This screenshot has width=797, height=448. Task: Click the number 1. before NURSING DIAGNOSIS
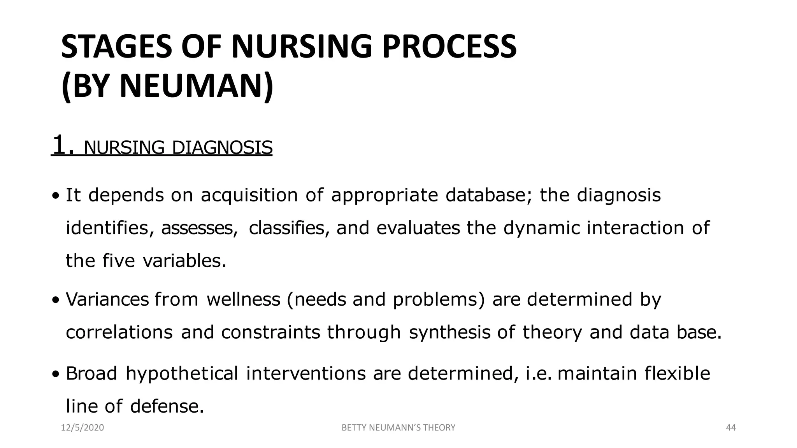pos(63,145)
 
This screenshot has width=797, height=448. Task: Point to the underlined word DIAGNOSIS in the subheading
pos(222,148)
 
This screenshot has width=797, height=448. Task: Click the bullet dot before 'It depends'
pos(56,196)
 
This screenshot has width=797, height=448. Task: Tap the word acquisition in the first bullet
pos(249,195)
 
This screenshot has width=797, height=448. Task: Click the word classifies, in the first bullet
pos(289,228)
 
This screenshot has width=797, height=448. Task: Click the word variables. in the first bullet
pos(184,261)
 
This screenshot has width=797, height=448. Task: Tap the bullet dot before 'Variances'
pos(56,300)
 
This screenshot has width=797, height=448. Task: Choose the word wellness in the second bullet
pos(243,299)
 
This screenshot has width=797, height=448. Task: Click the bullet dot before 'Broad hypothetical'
pos(56,374)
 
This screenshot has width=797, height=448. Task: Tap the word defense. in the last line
pos(167,406)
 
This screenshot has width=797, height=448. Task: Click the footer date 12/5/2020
pos(83,428)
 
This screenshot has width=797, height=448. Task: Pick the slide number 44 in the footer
pos(731,428)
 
